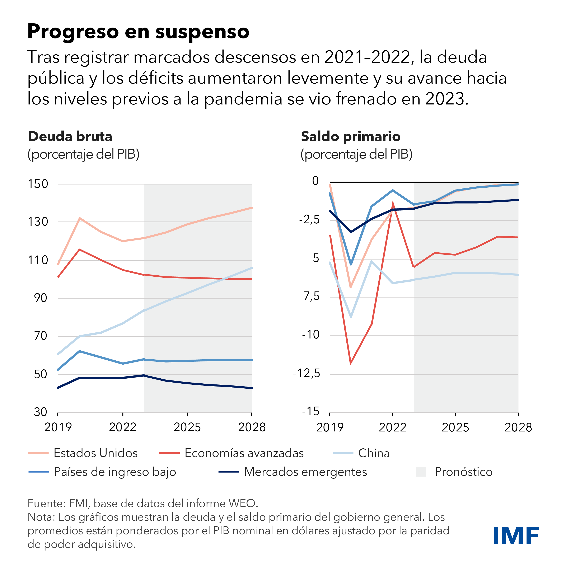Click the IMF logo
click(516, 535)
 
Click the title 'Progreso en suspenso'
click(138, 31)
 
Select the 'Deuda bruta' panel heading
click(70, 136)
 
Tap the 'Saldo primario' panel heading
click(351, 136)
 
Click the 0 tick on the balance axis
click(315, 181)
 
